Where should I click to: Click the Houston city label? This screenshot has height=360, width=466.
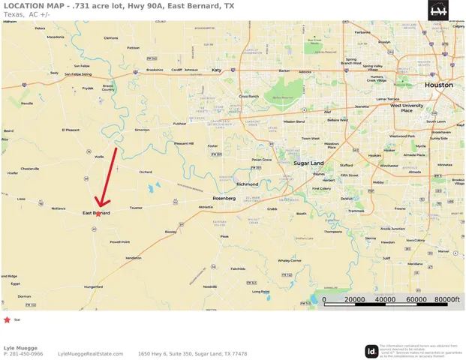click(438, 85)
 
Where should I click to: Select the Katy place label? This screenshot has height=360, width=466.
click(217, 70)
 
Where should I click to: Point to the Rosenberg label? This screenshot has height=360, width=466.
click(224, 198)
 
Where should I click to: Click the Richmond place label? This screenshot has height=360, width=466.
click(247, 184)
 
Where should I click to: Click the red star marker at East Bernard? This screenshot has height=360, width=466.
click(98, 214)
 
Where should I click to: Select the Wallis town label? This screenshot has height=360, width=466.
click(99, 157)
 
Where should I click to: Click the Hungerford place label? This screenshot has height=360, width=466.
click(93, 286)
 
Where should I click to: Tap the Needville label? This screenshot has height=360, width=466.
click(209, 286)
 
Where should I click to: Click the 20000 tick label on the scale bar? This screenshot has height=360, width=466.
click(354, 299)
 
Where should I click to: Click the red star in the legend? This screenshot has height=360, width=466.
click(8, 319)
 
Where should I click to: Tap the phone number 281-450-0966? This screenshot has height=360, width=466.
click(27, 354)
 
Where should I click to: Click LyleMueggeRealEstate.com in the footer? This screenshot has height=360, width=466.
click(90, 354)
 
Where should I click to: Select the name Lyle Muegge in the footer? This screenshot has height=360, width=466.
click(20, 347)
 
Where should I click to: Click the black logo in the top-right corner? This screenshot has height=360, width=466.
click(438, 10)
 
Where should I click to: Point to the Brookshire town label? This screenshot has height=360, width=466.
click(154, 70)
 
